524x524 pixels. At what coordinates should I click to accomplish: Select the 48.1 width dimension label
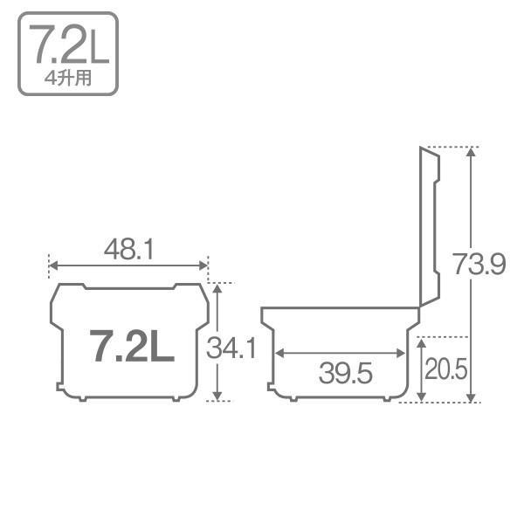pos(128,251)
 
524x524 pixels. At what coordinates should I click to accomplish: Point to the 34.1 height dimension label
pos(231,348)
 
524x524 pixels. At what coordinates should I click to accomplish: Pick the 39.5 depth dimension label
pos(345,374)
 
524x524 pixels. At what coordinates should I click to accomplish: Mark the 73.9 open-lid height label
pos(479,264)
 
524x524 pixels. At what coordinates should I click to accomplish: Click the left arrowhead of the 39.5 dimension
pos(279,354)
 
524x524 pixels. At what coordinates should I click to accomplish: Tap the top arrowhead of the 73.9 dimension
pos(472,151)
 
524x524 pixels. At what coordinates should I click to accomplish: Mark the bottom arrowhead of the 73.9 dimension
pos(472,397)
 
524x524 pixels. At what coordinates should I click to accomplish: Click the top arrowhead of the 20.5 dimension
pos(422,341)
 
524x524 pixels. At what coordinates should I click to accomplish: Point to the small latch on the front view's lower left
pos(59,385)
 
